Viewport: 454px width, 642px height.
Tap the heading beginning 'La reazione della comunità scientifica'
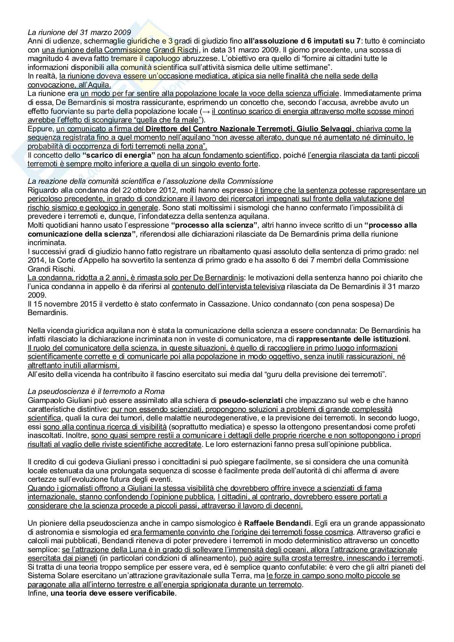click(150, 181)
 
